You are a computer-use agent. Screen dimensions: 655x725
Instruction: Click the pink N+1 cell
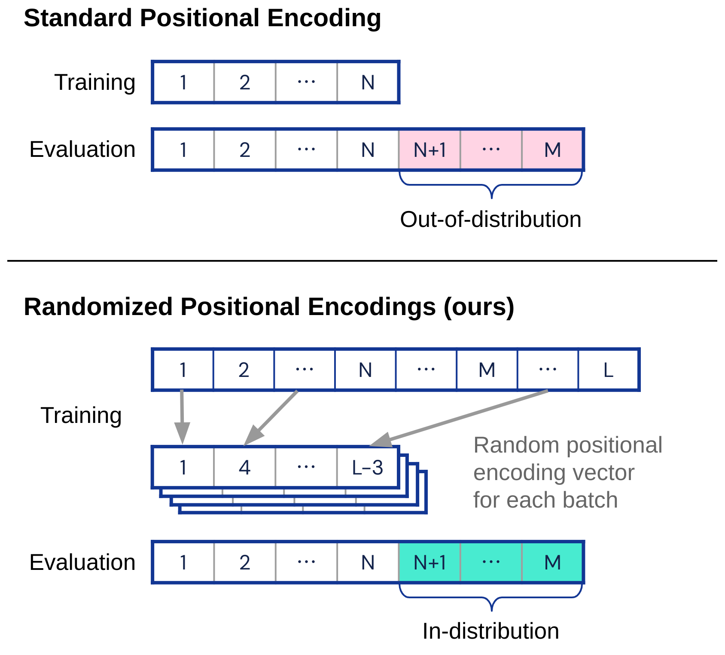tap(430, 150)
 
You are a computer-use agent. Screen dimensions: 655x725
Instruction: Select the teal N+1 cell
tap(430, 562)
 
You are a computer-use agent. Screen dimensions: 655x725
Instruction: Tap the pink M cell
tap(552, 150)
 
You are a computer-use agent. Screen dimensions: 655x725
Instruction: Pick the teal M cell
tap(552, 562)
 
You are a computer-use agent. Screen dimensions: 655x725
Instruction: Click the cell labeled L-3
tap(368, 467)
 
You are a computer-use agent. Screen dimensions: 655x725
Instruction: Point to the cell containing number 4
tap(244, 467)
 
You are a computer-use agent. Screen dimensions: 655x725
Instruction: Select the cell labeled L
tap(608, 370)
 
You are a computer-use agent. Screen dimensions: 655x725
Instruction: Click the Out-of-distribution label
tap(490, 220)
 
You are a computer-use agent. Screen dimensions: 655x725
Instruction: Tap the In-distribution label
tap(490, 631)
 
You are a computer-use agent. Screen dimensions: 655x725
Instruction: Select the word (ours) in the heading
tap(479, 307)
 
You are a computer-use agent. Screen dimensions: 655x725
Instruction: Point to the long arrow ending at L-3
tap(464, 417)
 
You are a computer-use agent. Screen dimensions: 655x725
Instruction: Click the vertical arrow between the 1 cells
tap(182, 415)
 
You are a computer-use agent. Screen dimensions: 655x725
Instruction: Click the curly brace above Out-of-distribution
tap(491, 186)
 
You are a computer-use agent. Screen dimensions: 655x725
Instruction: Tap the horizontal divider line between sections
tap(362, 260)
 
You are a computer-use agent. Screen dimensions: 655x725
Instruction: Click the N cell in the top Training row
tap(368, 82)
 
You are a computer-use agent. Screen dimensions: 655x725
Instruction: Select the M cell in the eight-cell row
tap(487, 370)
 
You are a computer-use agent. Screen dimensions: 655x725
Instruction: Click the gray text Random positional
tap(567, 445)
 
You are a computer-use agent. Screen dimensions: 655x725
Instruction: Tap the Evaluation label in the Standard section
tap(82, 150)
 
